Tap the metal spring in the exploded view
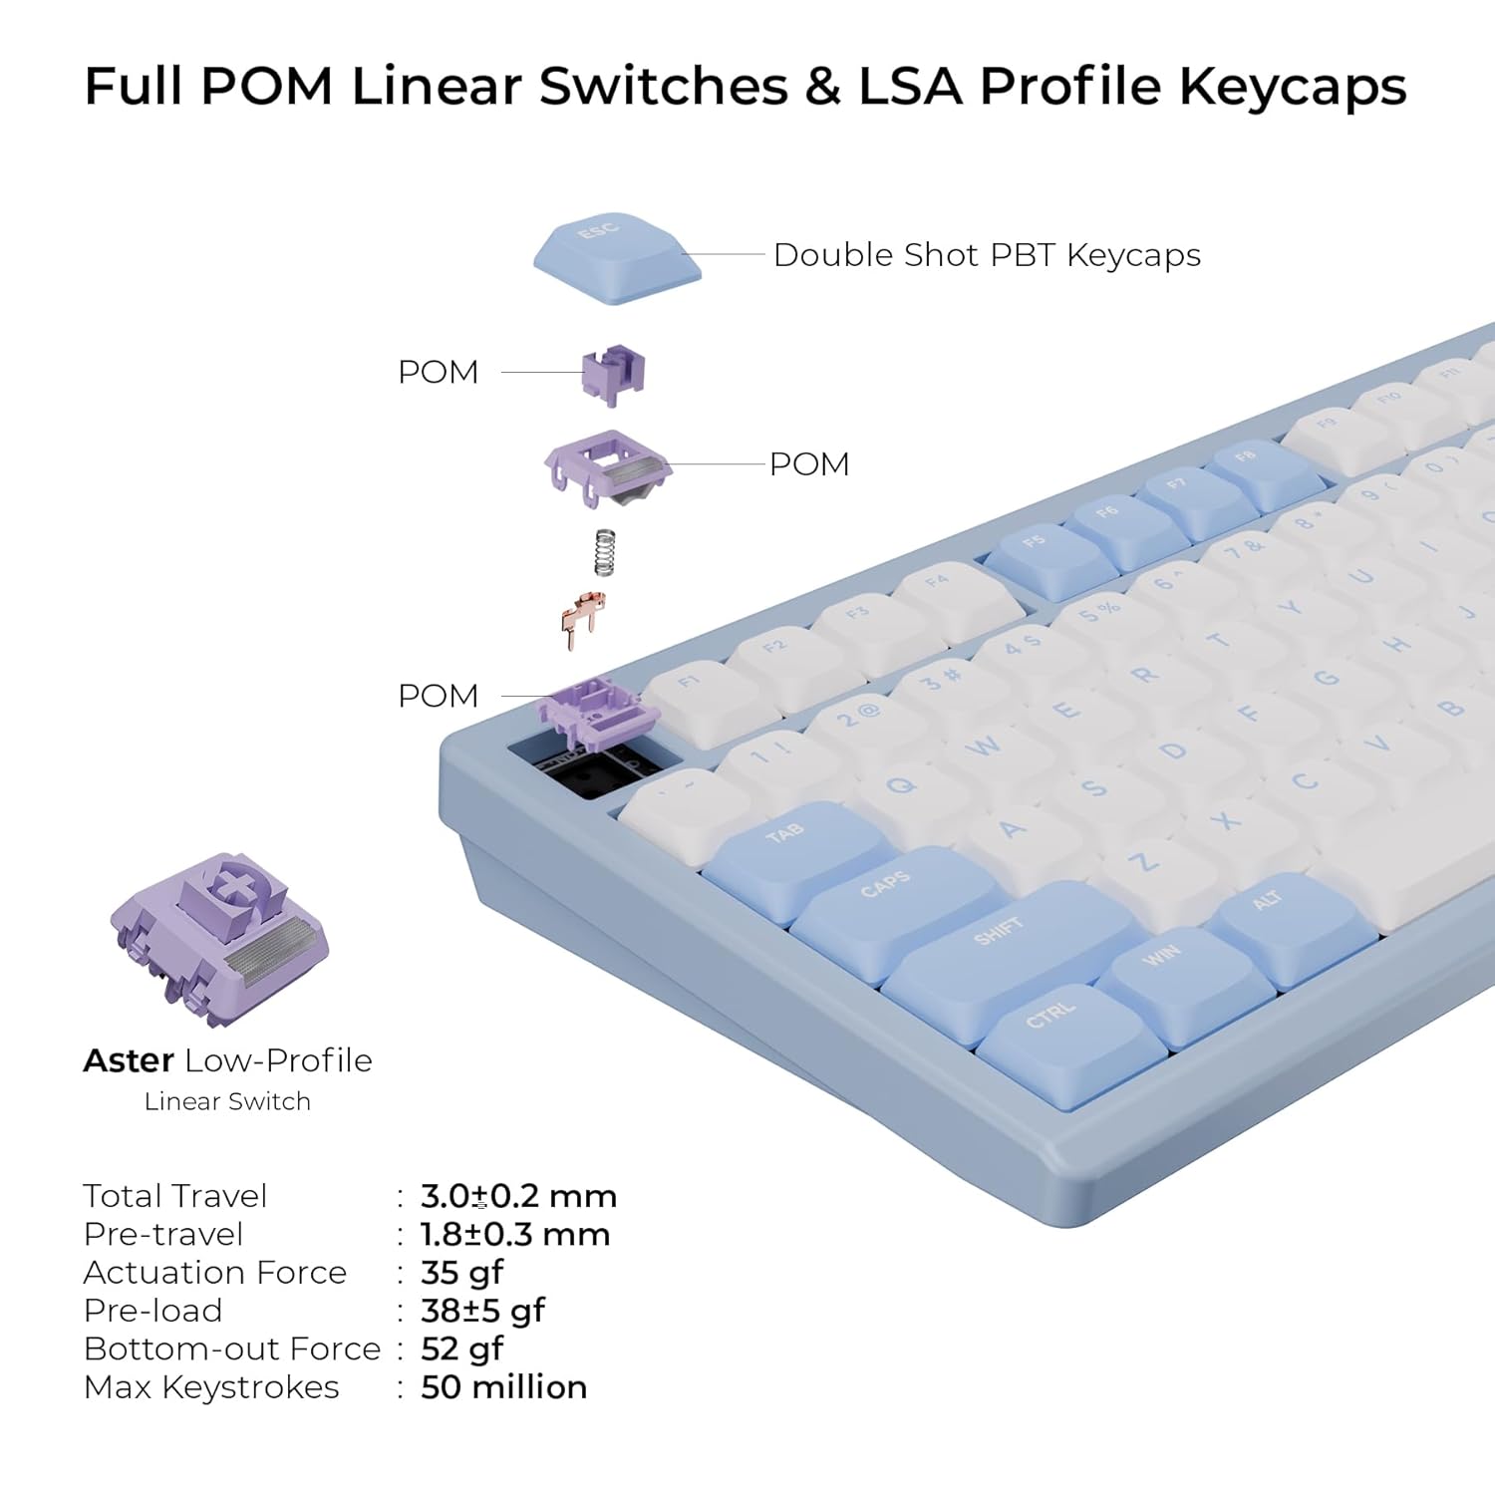pyautogui.click(x=604, y=552)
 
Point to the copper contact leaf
pyautogui.click(x=582, y=618)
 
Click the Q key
pyautogui.click(x=902, y=787)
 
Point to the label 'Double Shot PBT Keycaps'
pyautogui.click(x=987, y=255)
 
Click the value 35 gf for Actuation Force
pyautogui.click(x=461, y=1273)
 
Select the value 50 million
pyautogui.click(x=503, y=1387)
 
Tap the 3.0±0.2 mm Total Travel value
pyautogui.click(x=518, y=1196)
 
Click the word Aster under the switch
pyautogui.click(x=129, y=1060)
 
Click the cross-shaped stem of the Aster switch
pyautogui.click(x=232, y=883)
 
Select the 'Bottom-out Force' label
pyautogui.click(x=232, y=1349)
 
